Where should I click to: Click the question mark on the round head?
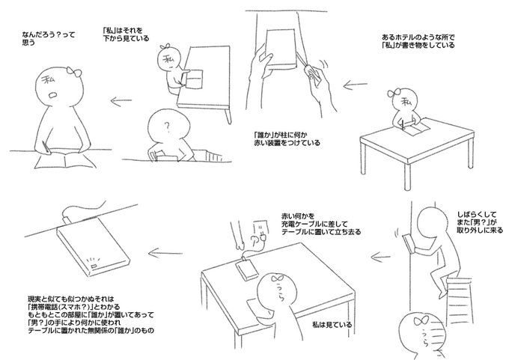coord(167,127)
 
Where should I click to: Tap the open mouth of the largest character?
coord(52,95)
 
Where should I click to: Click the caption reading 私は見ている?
coord(332,324)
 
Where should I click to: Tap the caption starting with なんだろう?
coord(49,38)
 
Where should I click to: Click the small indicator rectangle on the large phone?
coord(94,266)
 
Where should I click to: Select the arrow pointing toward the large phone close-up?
coord(165,253)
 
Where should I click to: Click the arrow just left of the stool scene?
coord(381,257)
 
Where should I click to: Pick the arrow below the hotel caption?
coord(355,85)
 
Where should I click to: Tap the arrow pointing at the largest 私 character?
coord(121,101)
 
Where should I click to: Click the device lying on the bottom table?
coord(246,268)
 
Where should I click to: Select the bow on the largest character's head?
coord(74,72)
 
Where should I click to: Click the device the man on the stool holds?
coord(409,243)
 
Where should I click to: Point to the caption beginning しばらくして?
coord(480,222)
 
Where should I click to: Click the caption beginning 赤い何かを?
coord(320,224)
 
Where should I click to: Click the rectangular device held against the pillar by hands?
coord(281,49)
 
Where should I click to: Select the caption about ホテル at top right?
coord(418,41)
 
